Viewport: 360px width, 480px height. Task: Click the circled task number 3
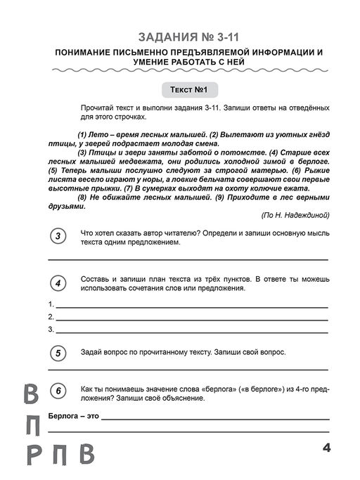59,236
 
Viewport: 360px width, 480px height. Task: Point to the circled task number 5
59,353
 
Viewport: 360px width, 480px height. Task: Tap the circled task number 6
59,392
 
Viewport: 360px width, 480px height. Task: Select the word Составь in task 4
96,278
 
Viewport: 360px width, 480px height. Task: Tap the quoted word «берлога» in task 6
212,388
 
